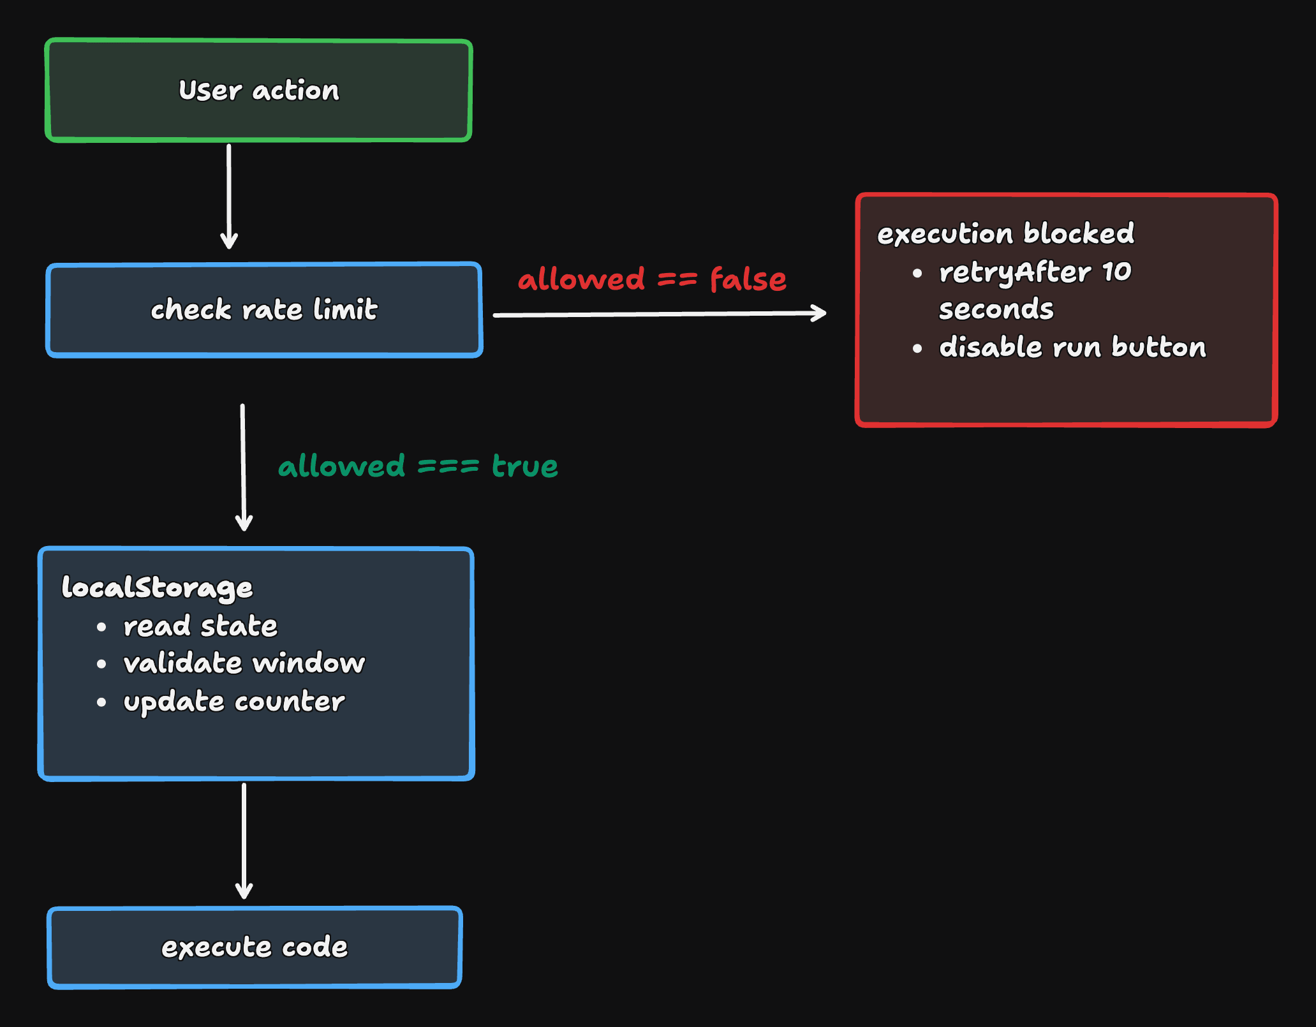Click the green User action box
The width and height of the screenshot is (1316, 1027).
coord(258,90)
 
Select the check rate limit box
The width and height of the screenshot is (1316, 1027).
coord(264,310)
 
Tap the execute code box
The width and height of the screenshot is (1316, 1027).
coord(255,947)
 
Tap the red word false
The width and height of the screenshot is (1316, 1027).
coord(748,279)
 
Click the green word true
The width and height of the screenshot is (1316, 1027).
coord(525,466)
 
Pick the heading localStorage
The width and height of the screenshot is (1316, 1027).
coord(157,587)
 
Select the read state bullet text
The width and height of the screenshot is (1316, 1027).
coord(200,626)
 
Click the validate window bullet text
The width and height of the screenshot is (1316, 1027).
coord(244,663)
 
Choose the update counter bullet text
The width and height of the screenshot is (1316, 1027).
coord(234,702)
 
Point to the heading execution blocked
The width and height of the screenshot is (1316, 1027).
coord(1005,233)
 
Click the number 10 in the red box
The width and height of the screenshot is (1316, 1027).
coord(1117,272)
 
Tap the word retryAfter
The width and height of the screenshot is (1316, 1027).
coord(1014,272)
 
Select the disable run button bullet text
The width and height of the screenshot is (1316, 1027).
coord(1072,348)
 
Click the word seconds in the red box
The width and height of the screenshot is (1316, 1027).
coord(996,309)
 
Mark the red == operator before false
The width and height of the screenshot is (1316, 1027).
coord(677,279)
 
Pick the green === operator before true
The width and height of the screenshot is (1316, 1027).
coord(448,466)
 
